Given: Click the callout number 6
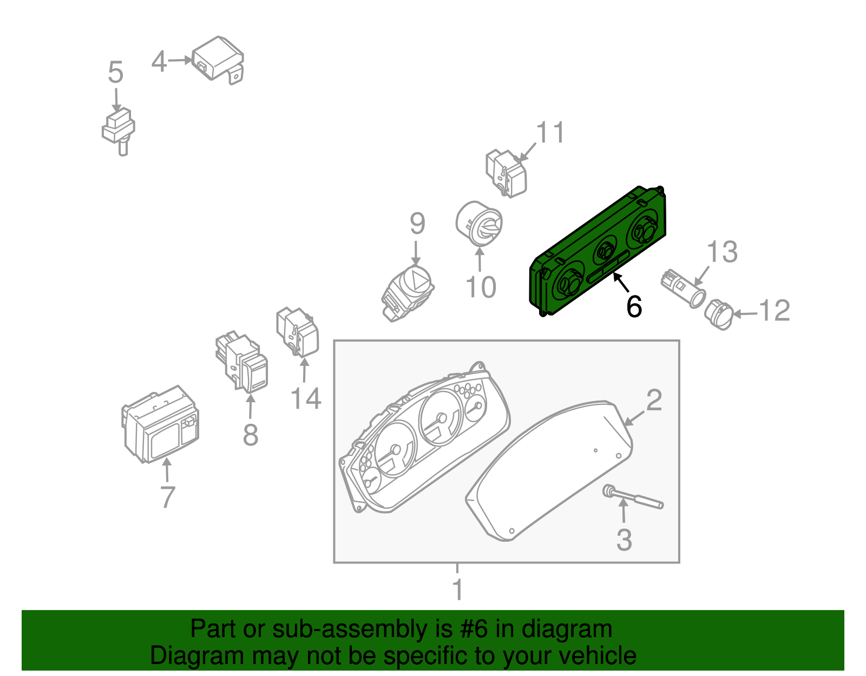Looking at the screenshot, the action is tap(634, 306).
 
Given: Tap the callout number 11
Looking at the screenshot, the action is tap(550, 132).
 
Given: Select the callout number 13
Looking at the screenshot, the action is tap(721, 252).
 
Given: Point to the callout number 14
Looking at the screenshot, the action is tap(306, 398).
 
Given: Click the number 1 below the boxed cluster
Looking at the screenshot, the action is tap(458, 589).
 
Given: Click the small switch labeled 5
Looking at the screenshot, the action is tap(119, 130).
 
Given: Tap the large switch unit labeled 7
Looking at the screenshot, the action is tap(160, 424).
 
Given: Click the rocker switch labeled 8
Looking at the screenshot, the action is tap(242, 362).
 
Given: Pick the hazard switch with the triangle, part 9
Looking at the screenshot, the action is tap(408, 293).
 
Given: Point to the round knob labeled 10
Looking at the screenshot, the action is tap(478, 224).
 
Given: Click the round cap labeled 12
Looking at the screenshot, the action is tap(719, 314).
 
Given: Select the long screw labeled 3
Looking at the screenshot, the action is tap(633, 497).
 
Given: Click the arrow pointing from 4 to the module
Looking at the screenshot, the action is tap(180, 61).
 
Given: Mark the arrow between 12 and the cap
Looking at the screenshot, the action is tap(745, 314).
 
